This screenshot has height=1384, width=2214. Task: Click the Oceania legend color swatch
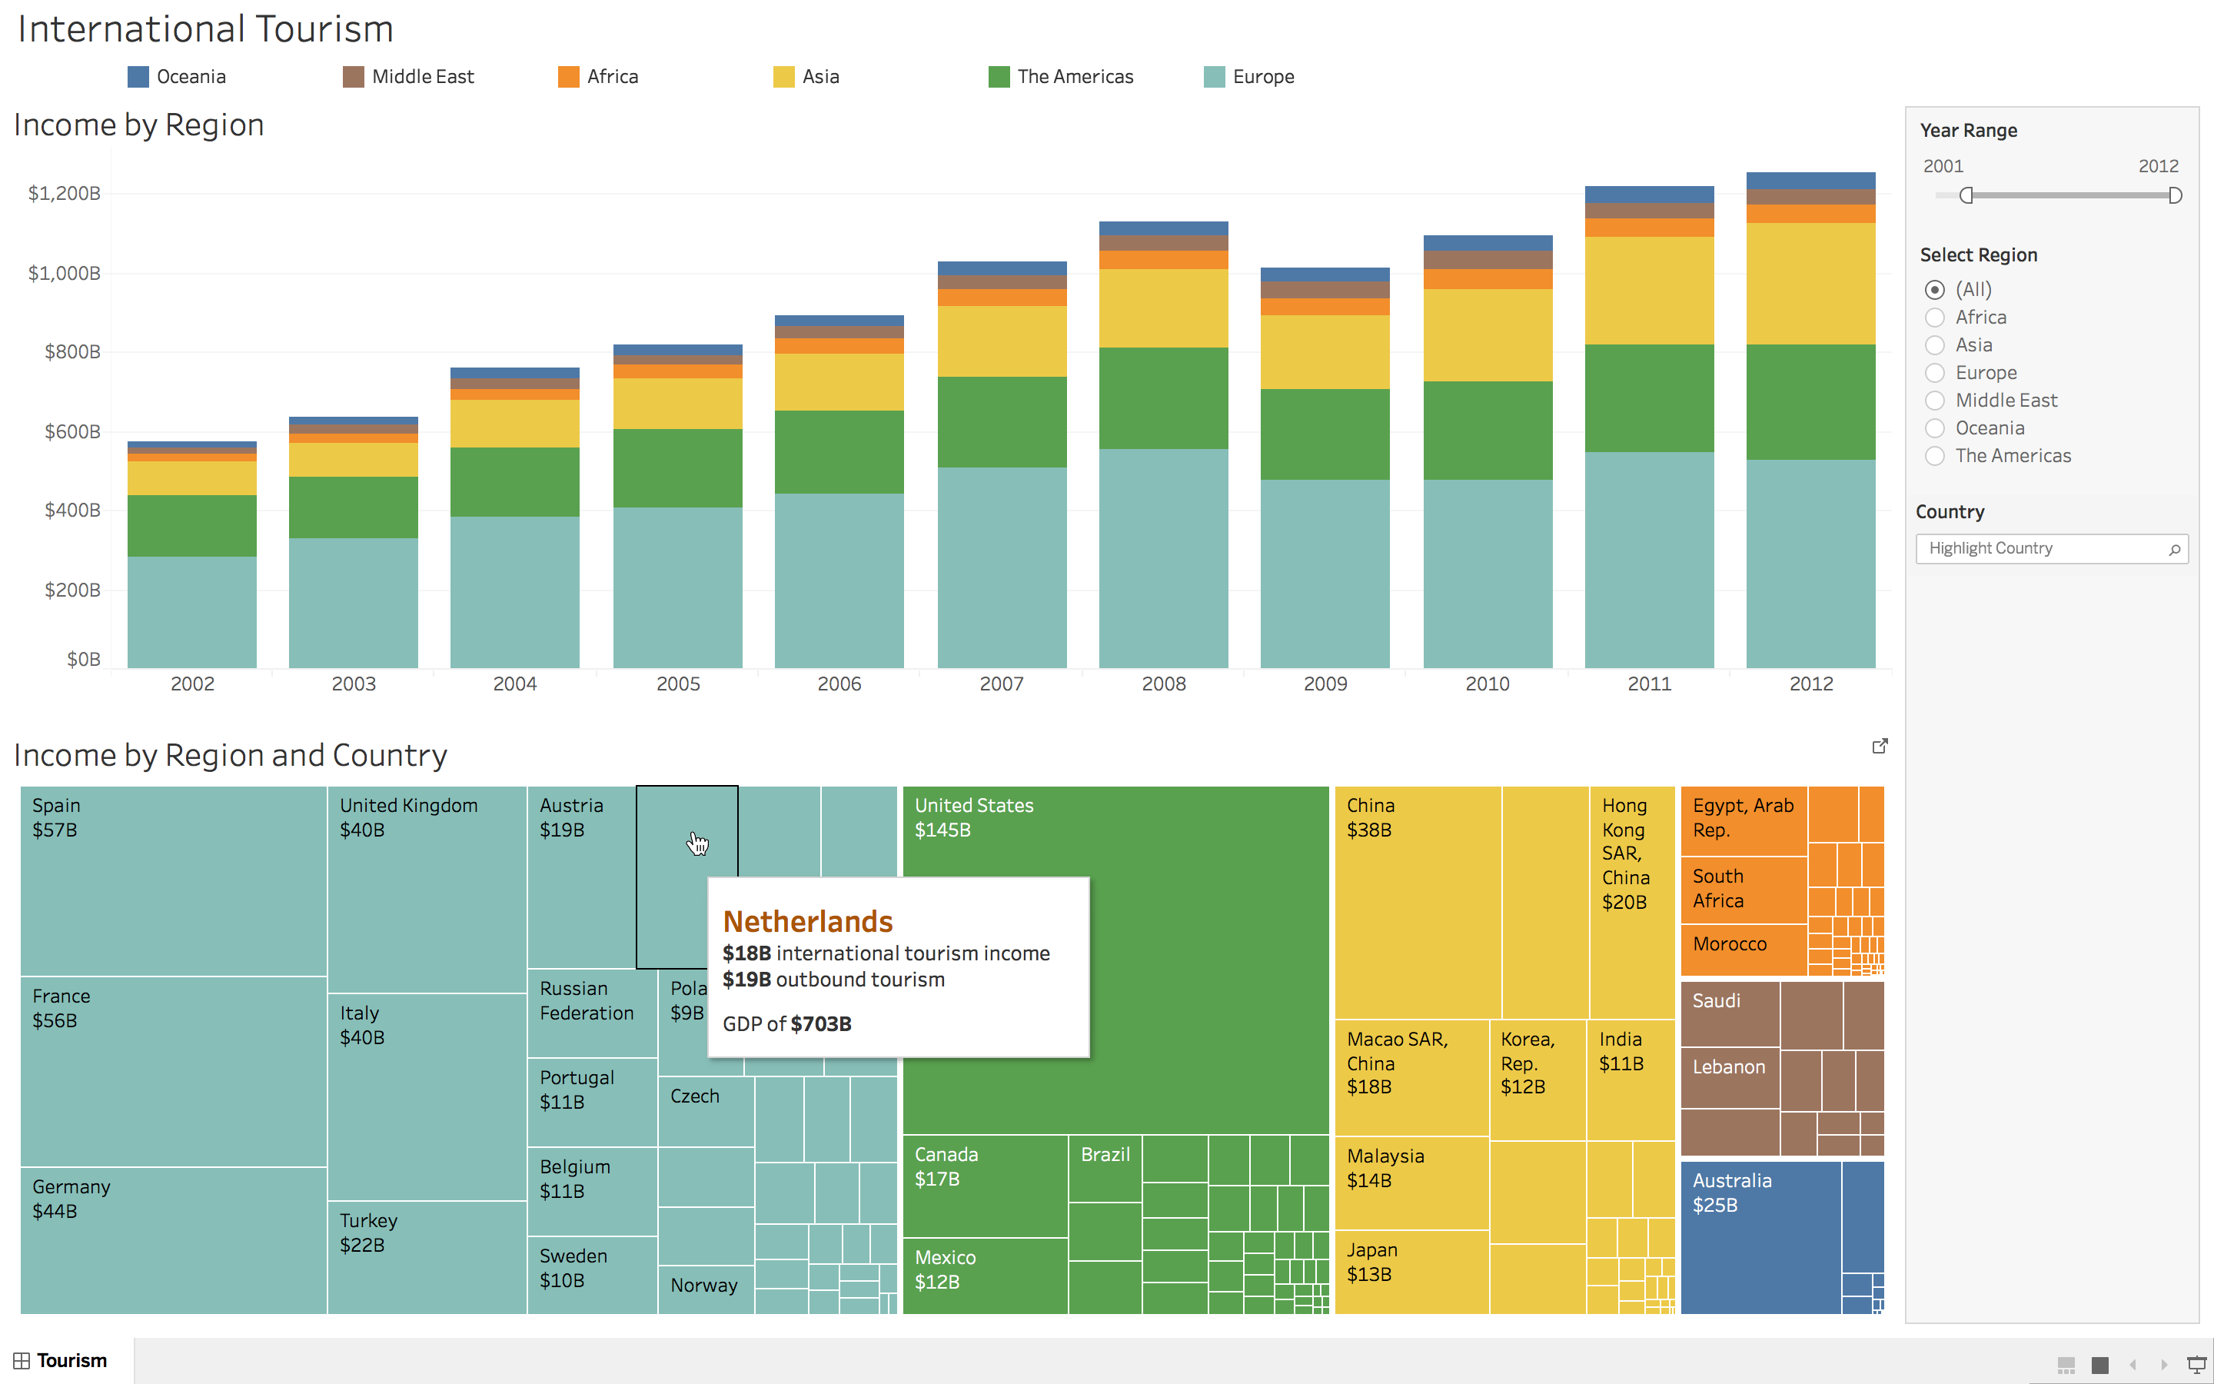pyautogui.click(x=138, y=77)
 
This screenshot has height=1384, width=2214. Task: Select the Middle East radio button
pyautogui.click(x=1934, y=401)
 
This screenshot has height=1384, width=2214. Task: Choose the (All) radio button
pyautogui.click(x=1934, y=290)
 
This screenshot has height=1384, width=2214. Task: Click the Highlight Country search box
pyautogui.click(x=2045, y=548)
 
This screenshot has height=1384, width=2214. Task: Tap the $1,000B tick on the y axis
pyautogui.click(x=64, y=273)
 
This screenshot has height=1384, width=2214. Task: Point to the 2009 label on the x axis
pyautogui.click(x=1325, y=684)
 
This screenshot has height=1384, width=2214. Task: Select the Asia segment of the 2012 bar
pyautogui.click(x=1810, y=284)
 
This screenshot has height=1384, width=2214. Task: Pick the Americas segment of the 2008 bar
pyautogui.click(x=1163, y=398)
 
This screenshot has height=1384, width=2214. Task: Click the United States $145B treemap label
pyautogui.click(x=973, y=817)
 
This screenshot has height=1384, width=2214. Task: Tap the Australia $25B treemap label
pyautogui.click(x=1731, y=1193)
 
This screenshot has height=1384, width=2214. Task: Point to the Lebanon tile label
pyautogui.click(x=1728, y=1067)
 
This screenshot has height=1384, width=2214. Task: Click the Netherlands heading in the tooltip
pyautogui.click(x=808, y=921)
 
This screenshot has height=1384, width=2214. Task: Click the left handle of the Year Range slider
pyautogui.click(x=1966, y=195)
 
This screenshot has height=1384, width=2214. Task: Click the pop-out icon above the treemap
pyautogui.click(x=1879, y=746)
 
